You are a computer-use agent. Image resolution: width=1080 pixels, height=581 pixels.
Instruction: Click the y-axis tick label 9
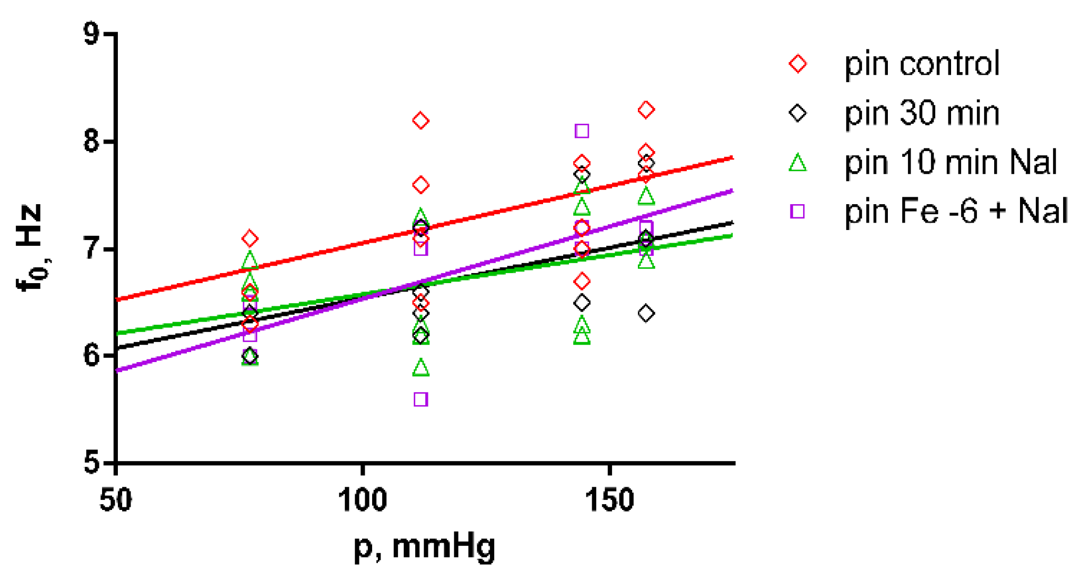(x=92, y=34)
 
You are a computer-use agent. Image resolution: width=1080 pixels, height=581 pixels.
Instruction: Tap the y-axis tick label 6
(x=92, y=356)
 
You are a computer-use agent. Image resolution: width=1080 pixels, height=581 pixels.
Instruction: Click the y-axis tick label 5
(x=92, y=463)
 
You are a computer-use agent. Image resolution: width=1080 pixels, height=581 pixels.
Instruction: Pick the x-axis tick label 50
(x=115, y=500)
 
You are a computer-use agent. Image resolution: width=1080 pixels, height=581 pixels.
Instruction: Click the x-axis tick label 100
(x=362, y=500)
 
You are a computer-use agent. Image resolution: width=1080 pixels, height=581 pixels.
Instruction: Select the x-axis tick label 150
(x=609, y=500)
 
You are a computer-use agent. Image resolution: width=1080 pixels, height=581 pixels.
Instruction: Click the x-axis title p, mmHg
(x=424, y=547)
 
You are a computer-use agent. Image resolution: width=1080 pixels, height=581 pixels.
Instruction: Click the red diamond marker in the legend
(x=798, y=64)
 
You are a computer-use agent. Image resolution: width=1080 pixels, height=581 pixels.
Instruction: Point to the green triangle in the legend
(x=798, y=163)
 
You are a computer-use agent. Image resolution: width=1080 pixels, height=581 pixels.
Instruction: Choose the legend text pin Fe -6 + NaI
(x=956, y=211)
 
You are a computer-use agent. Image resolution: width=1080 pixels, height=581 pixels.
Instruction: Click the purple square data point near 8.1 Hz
(x=582, y=131)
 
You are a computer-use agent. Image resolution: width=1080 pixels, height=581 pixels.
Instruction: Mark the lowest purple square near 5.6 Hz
(x=421, y=399)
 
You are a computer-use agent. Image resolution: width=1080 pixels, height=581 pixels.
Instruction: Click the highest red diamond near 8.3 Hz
(x=646, y=110)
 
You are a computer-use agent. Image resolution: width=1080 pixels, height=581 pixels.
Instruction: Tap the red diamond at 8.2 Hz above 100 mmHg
(x=421, y=121)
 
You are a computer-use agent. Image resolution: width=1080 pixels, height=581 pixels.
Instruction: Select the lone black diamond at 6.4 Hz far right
(x=646, y=314)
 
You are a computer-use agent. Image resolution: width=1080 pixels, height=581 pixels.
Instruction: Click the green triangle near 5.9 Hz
(x=421, y=368)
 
